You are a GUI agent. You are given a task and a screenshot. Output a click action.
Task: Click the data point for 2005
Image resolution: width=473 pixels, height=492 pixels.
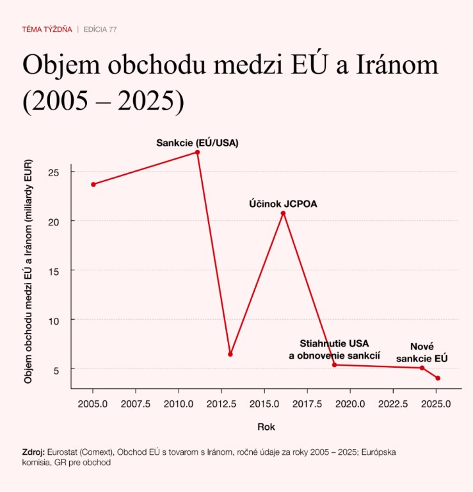pyautogui.click(x=93, y=184)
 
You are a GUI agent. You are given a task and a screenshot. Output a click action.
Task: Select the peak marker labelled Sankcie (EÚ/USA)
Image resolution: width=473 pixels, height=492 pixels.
pyautogui.click(x=198, y=152)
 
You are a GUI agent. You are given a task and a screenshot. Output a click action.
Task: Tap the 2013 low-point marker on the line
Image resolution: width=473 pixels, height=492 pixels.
pyautogui.click(x=230, y=354)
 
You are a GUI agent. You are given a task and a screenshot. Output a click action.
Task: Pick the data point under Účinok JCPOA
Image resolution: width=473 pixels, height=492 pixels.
pyautogui.click(x=283, y=213)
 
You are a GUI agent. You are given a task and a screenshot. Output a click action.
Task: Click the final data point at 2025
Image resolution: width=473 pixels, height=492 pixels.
pyautogui.click(x=438, y=378)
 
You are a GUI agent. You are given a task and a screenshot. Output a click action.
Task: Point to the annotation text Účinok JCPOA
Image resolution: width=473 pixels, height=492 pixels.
pyautogui.click(x=283, y=204)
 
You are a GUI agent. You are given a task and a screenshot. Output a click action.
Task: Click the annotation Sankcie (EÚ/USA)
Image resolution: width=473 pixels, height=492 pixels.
pyautogui.click(x=197, y=143)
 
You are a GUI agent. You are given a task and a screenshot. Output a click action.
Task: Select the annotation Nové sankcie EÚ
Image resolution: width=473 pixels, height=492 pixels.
pyautogui.click(x=422, y=352)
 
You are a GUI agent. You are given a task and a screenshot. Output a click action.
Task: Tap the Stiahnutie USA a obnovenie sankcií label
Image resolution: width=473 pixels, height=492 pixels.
pyautogui.click(x=334, y=349)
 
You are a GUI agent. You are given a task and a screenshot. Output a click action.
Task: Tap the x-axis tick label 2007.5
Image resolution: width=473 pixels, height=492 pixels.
pyautogui.click(x=135, y=404)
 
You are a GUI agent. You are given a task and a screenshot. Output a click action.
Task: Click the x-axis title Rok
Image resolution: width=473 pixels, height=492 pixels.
pyautogui.click(x=266, y=426)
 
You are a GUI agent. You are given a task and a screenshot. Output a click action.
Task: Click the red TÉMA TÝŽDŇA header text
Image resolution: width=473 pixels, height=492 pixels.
pyautogui.click(x=47, y=29)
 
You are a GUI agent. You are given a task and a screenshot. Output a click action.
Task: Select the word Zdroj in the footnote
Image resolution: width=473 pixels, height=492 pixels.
pyautogui.click(x=33, y=452)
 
